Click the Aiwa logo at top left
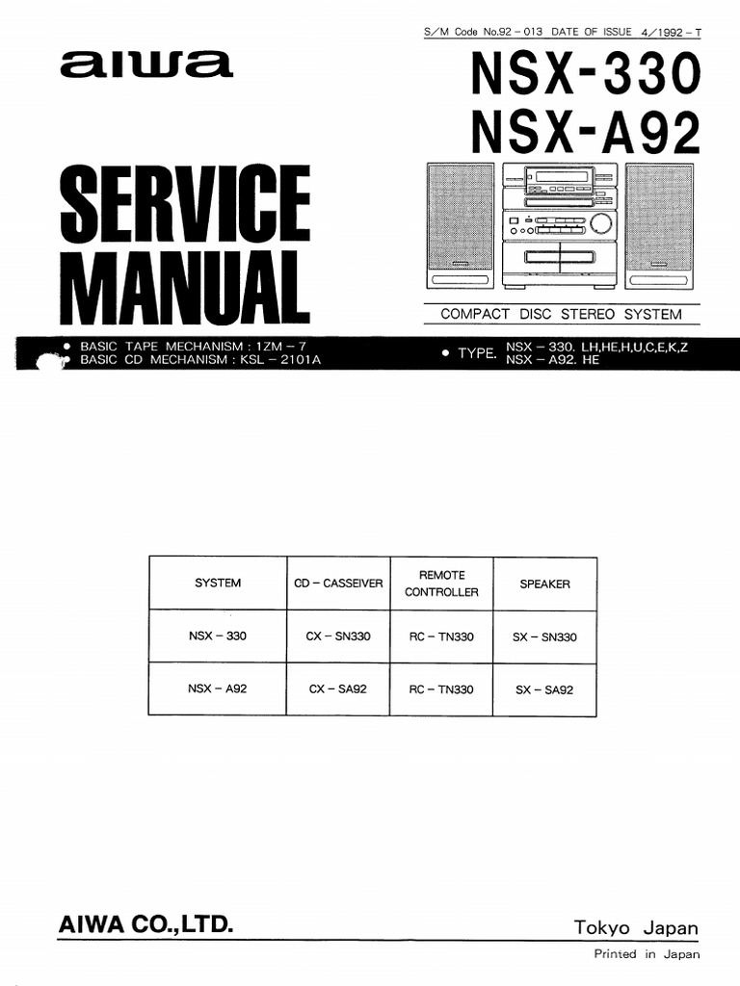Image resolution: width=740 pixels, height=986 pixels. pyautogui.click(x=145, y=65)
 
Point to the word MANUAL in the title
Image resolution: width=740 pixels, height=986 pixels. pyautogui.click(x=184, y=286)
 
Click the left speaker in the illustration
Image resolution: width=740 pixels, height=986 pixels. pyautogui.click(x=460, y=225)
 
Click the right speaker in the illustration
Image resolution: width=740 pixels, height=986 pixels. pyautogui.click(x=660, y=225)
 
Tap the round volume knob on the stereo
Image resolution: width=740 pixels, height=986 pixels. pyautogui.click(x=601, y=224)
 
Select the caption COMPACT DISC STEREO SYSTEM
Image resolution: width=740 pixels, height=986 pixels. pyautogui.click(x=561, y=315)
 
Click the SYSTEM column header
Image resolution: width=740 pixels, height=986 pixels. pyautogui.click(x=218, y=584)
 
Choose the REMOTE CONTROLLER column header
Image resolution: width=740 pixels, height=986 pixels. pyautogui.click(x=441, y=584)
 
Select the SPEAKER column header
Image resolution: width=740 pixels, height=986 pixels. pyautogui.click(x=544, y=584)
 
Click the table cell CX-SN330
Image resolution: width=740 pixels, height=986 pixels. pyautogui.click(x=338, y=636)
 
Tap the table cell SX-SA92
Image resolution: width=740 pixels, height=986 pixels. pyautogui.click(x=544, y=689)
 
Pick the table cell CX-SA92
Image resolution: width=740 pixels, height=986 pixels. pyautogui.click(x=338, y=689)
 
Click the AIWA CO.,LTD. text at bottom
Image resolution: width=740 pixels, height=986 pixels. pyautogui.click(x=145, y=926)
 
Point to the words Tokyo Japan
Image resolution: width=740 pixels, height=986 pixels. pyautogui.click(x=636, y=928)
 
